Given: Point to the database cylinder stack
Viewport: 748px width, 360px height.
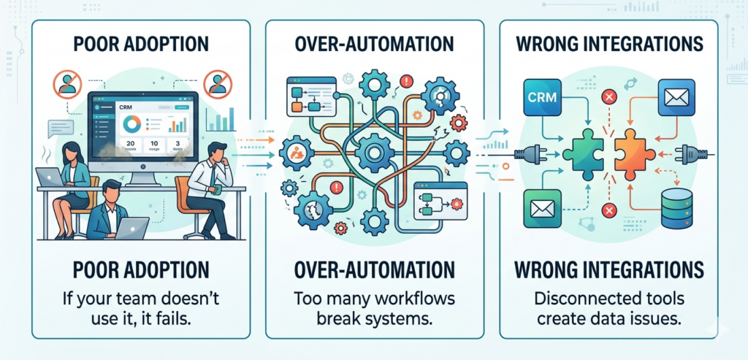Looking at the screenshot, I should point(676,207).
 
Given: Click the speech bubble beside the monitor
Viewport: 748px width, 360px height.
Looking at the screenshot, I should point(61,129).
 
